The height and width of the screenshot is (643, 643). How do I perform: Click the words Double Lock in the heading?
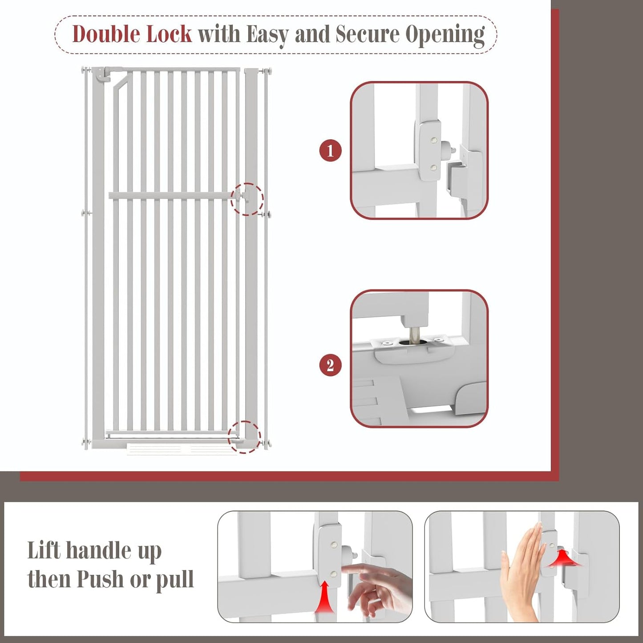pyautogui.click(x=132, y=34)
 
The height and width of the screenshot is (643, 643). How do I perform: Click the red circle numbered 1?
pyautogui.click(x=330, y=151)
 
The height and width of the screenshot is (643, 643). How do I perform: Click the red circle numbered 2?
pyautogui.click(x=330, y=365)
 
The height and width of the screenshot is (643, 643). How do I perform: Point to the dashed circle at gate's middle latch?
pyautogui.click(x=247, y=199)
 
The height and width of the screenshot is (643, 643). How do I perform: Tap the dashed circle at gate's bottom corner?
pyautogui.click(x=244, y=437)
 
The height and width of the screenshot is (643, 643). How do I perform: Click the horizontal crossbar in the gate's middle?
pyautogui.click(x=171, y=195)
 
